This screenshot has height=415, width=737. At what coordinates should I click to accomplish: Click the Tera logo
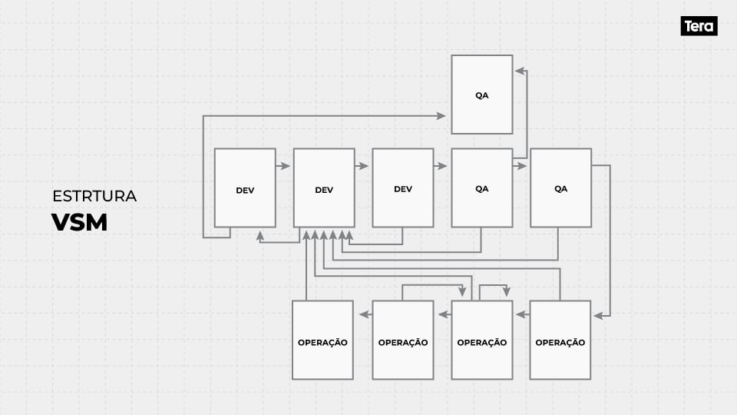point(699,26)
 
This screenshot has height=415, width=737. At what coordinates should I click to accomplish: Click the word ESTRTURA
point(94,196)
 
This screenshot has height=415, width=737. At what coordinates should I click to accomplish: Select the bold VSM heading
point(79,222)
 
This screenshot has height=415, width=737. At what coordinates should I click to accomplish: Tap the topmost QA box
point(482,95)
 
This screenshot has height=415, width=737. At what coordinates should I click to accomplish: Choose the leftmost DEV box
point(245,188)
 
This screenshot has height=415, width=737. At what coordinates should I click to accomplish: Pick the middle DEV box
point(324,188)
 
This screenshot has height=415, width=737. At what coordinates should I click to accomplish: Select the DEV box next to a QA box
point(403,188)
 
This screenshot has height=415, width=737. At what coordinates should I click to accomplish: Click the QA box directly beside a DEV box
point(482,188)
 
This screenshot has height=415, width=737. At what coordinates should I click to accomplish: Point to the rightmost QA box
point(561,188)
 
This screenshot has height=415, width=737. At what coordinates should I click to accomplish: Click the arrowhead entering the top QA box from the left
point(441,115)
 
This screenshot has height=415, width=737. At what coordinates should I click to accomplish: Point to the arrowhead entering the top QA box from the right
point(519,71)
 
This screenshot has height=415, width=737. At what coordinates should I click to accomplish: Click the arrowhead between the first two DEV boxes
point(286,165)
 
